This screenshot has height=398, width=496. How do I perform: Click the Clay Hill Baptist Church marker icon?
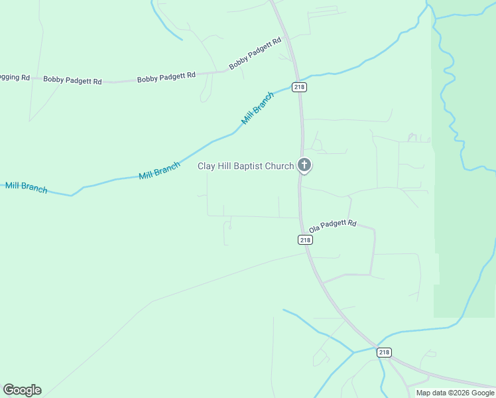304,165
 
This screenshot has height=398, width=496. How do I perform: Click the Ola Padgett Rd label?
333,226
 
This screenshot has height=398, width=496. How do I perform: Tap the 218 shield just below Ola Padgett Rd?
305,240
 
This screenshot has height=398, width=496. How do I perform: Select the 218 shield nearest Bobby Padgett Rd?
299,87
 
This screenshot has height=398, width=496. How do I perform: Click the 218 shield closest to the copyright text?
384,352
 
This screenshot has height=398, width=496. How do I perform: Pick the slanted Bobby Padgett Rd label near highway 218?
255,54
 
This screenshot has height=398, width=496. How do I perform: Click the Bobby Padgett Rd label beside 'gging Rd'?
72,80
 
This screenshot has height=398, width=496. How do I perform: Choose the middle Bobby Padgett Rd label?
166,77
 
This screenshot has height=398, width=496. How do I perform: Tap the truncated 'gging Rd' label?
15,78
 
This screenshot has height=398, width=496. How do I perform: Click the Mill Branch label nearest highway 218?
257,108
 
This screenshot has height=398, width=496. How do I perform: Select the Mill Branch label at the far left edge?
26,187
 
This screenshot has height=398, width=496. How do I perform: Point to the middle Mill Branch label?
159,170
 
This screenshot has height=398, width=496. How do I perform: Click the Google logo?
22,390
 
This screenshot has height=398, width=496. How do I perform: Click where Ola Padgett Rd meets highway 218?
302,232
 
